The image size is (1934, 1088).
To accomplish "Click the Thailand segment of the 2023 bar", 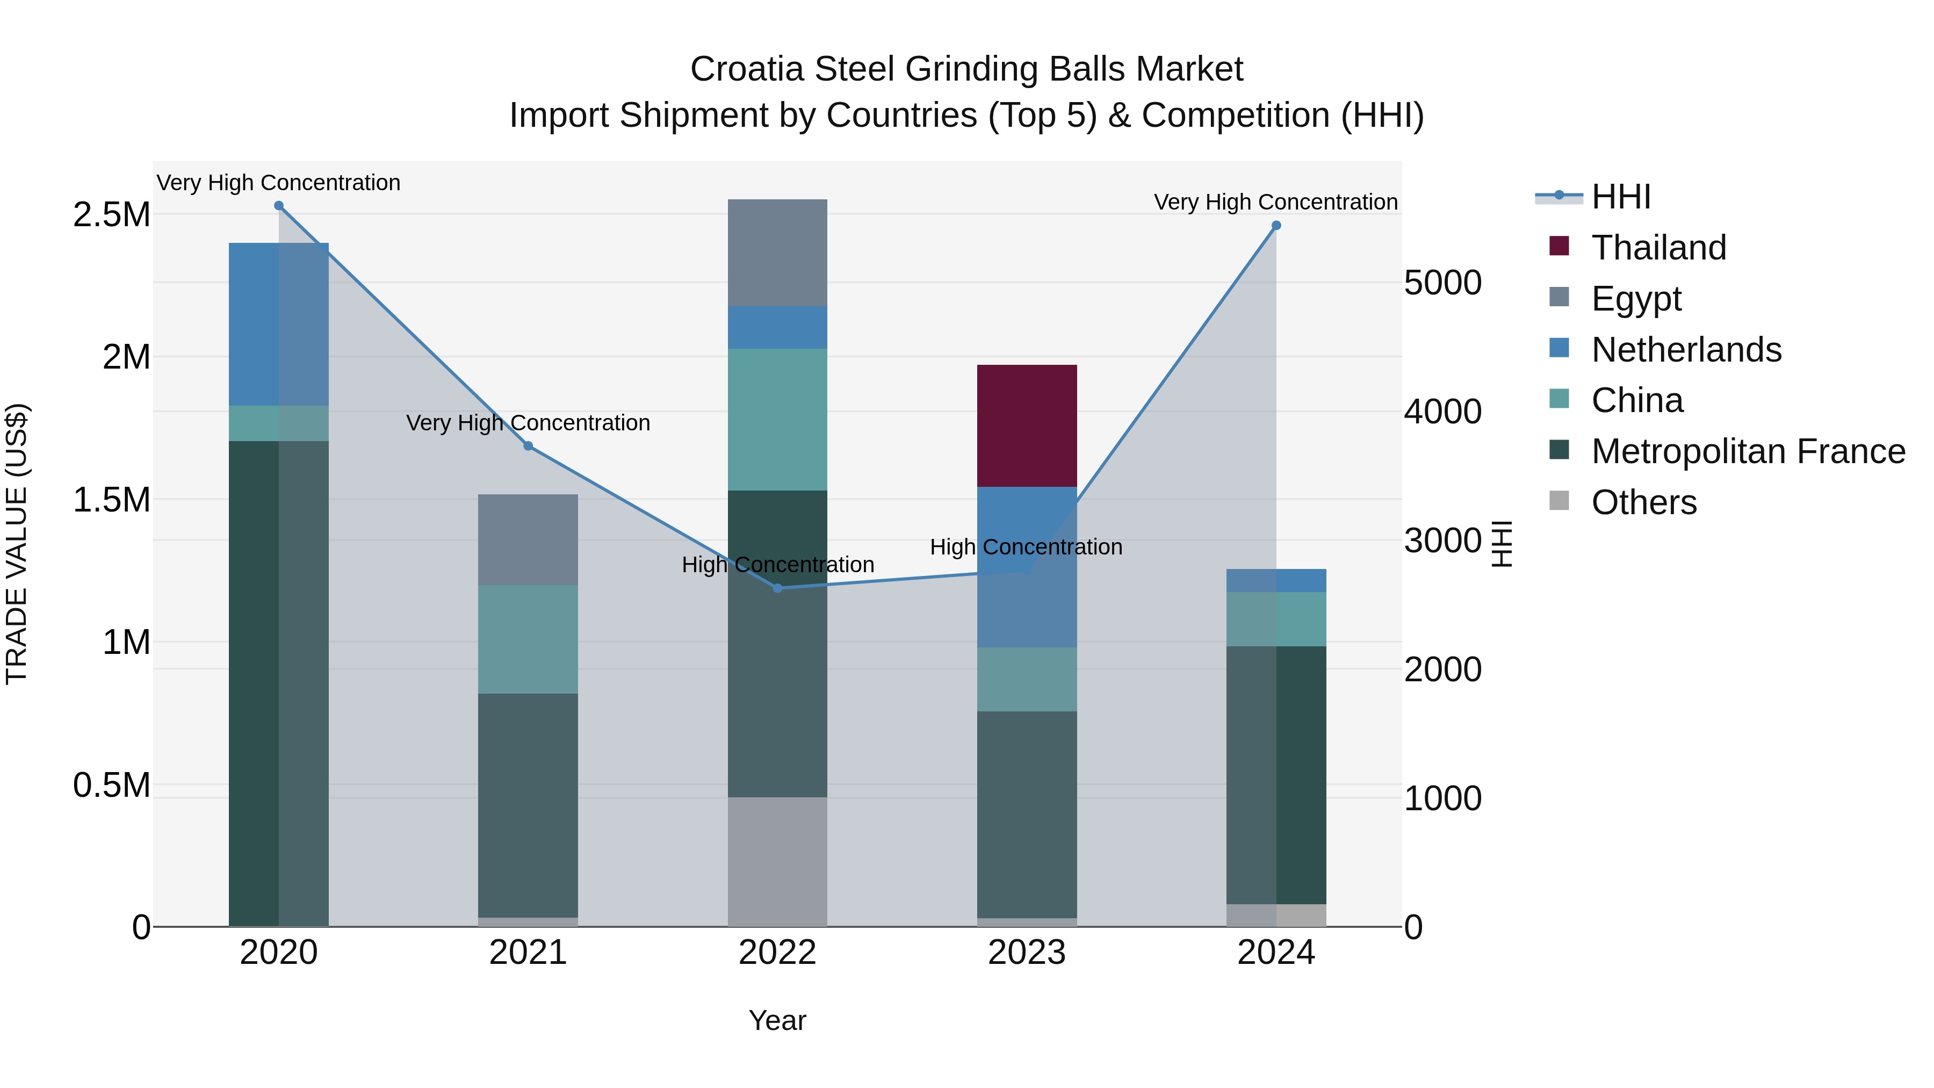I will pos(1026,426).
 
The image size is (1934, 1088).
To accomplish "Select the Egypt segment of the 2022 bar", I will pos(777,253).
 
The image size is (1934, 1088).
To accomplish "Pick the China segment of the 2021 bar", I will pos(528,639).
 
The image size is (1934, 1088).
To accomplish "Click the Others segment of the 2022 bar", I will pos(777,861).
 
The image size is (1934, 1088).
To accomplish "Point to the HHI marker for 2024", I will pos(1275,225).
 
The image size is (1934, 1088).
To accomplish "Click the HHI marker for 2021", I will pos(528,446).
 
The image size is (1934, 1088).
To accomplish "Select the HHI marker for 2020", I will pos(278,206).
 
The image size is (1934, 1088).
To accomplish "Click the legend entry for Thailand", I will pos(1658,248).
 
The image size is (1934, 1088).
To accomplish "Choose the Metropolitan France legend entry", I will pos(1747,451).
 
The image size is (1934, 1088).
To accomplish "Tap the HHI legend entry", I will pos(1620,197).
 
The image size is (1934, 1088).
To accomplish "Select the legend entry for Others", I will pos(1643,502).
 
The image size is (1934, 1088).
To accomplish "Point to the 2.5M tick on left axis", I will pos(111,215).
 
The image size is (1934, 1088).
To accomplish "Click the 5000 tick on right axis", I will pos(1442,283).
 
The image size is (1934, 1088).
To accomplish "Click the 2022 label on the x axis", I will pos(777,953).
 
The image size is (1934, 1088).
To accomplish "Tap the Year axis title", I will pos(777,1020).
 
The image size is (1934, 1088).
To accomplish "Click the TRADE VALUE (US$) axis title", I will pos(17,544).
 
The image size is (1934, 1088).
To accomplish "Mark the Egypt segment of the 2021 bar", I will pos(528,539).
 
